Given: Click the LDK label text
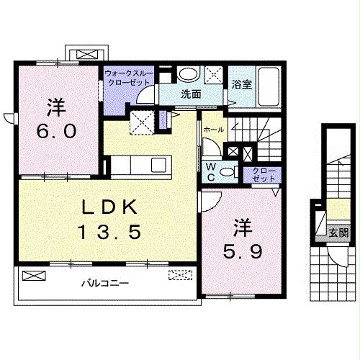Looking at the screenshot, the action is pyautogui.click(x=109, y=207).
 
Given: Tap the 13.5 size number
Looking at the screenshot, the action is pyautogui.click(x=110, y=231).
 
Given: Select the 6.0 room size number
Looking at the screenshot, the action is pyautogui.click(x=57, y=131).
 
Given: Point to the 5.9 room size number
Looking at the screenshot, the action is pyautogui.click(x=243, y=252).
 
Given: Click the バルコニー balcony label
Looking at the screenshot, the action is pyautogui.click(x=105, y=284).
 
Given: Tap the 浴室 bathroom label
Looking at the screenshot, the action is pyautogui.click(x=242, y=84).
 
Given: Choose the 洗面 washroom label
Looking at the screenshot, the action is pyautogui.click(x=191, y=94).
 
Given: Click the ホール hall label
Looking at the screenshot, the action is pyautogui.click(x=214, y=130).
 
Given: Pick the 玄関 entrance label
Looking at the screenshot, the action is pyautogui.click(x=338, y=233).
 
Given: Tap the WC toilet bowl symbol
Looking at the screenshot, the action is pyautogui.click(x=227, y=172).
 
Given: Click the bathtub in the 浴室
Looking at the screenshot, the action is pyautogui.click(x=269, y=86).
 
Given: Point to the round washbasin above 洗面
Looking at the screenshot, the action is pyautogui.click(x=189, y=74).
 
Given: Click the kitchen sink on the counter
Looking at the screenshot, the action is pyautogui.click(x=158, y=165).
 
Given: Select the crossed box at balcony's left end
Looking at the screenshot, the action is pyautogui.click(x=34, y=275).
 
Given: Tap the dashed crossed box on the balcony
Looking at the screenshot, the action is pyautogui.click(x=181, y=275).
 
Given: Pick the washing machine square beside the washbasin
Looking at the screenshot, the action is pyautogui.click(x=214, y=75).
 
